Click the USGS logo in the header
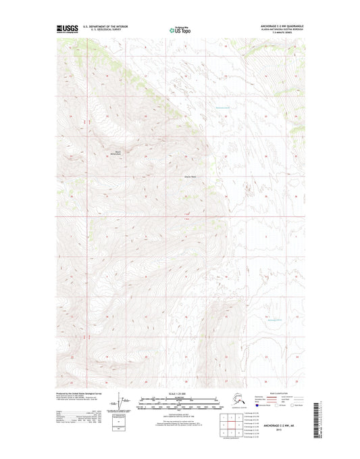66,29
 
